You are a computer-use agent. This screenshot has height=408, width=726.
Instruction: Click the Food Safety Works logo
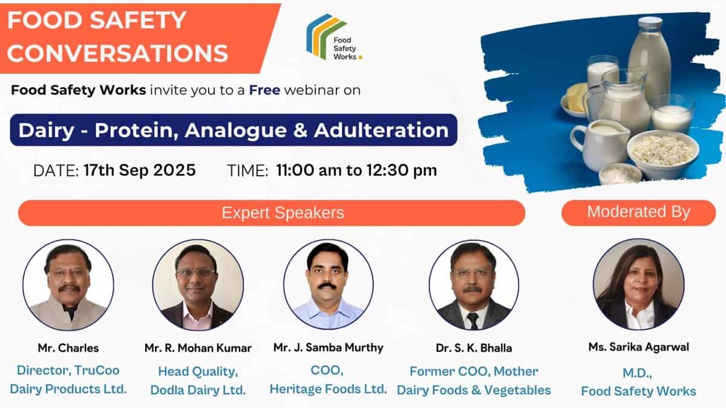pyautogui.click(x=333, y=37)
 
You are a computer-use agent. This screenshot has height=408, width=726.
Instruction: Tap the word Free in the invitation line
pyautogui.click(x=264, y=91)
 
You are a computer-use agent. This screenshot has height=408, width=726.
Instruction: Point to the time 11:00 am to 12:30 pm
pyautogui.click(x=356, y=170)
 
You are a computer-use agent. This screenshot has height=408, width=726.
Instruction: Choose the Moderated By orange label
pyautogui.click(x=638, y=212)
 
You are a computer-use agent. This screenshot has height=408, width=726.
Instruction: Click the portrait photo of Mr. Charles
pyautogui.click(x=68, y=285)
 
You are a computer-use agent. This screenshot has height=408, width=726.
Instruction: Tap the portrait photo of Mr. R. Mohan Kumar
pyautogui.click(x=198, y=285)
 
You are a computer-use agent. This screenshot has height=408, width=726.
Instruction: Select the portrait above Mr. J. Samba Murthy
pyautogui.click(x=328, y=285)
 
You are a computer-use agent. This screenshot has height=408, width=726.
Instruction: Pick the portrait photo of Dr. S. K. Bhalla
pyautogui.click(x=474, y=285)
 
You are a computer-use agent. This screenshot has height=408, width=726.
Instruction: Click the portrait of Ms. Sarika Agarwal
pyautogui.click(x=638, y=285)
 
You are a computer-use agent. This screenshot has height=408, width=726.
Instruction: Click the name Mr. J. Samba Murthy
pyautogui.click(x=328, y=348)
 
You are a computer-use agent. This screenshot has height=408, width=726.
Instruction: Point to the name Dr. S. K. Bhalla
pyautogui.click(x=474, y=348)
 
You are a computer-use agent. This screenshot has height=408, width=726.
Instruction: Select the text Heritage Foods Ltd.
pyautogui.click(x=328, y=389)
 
